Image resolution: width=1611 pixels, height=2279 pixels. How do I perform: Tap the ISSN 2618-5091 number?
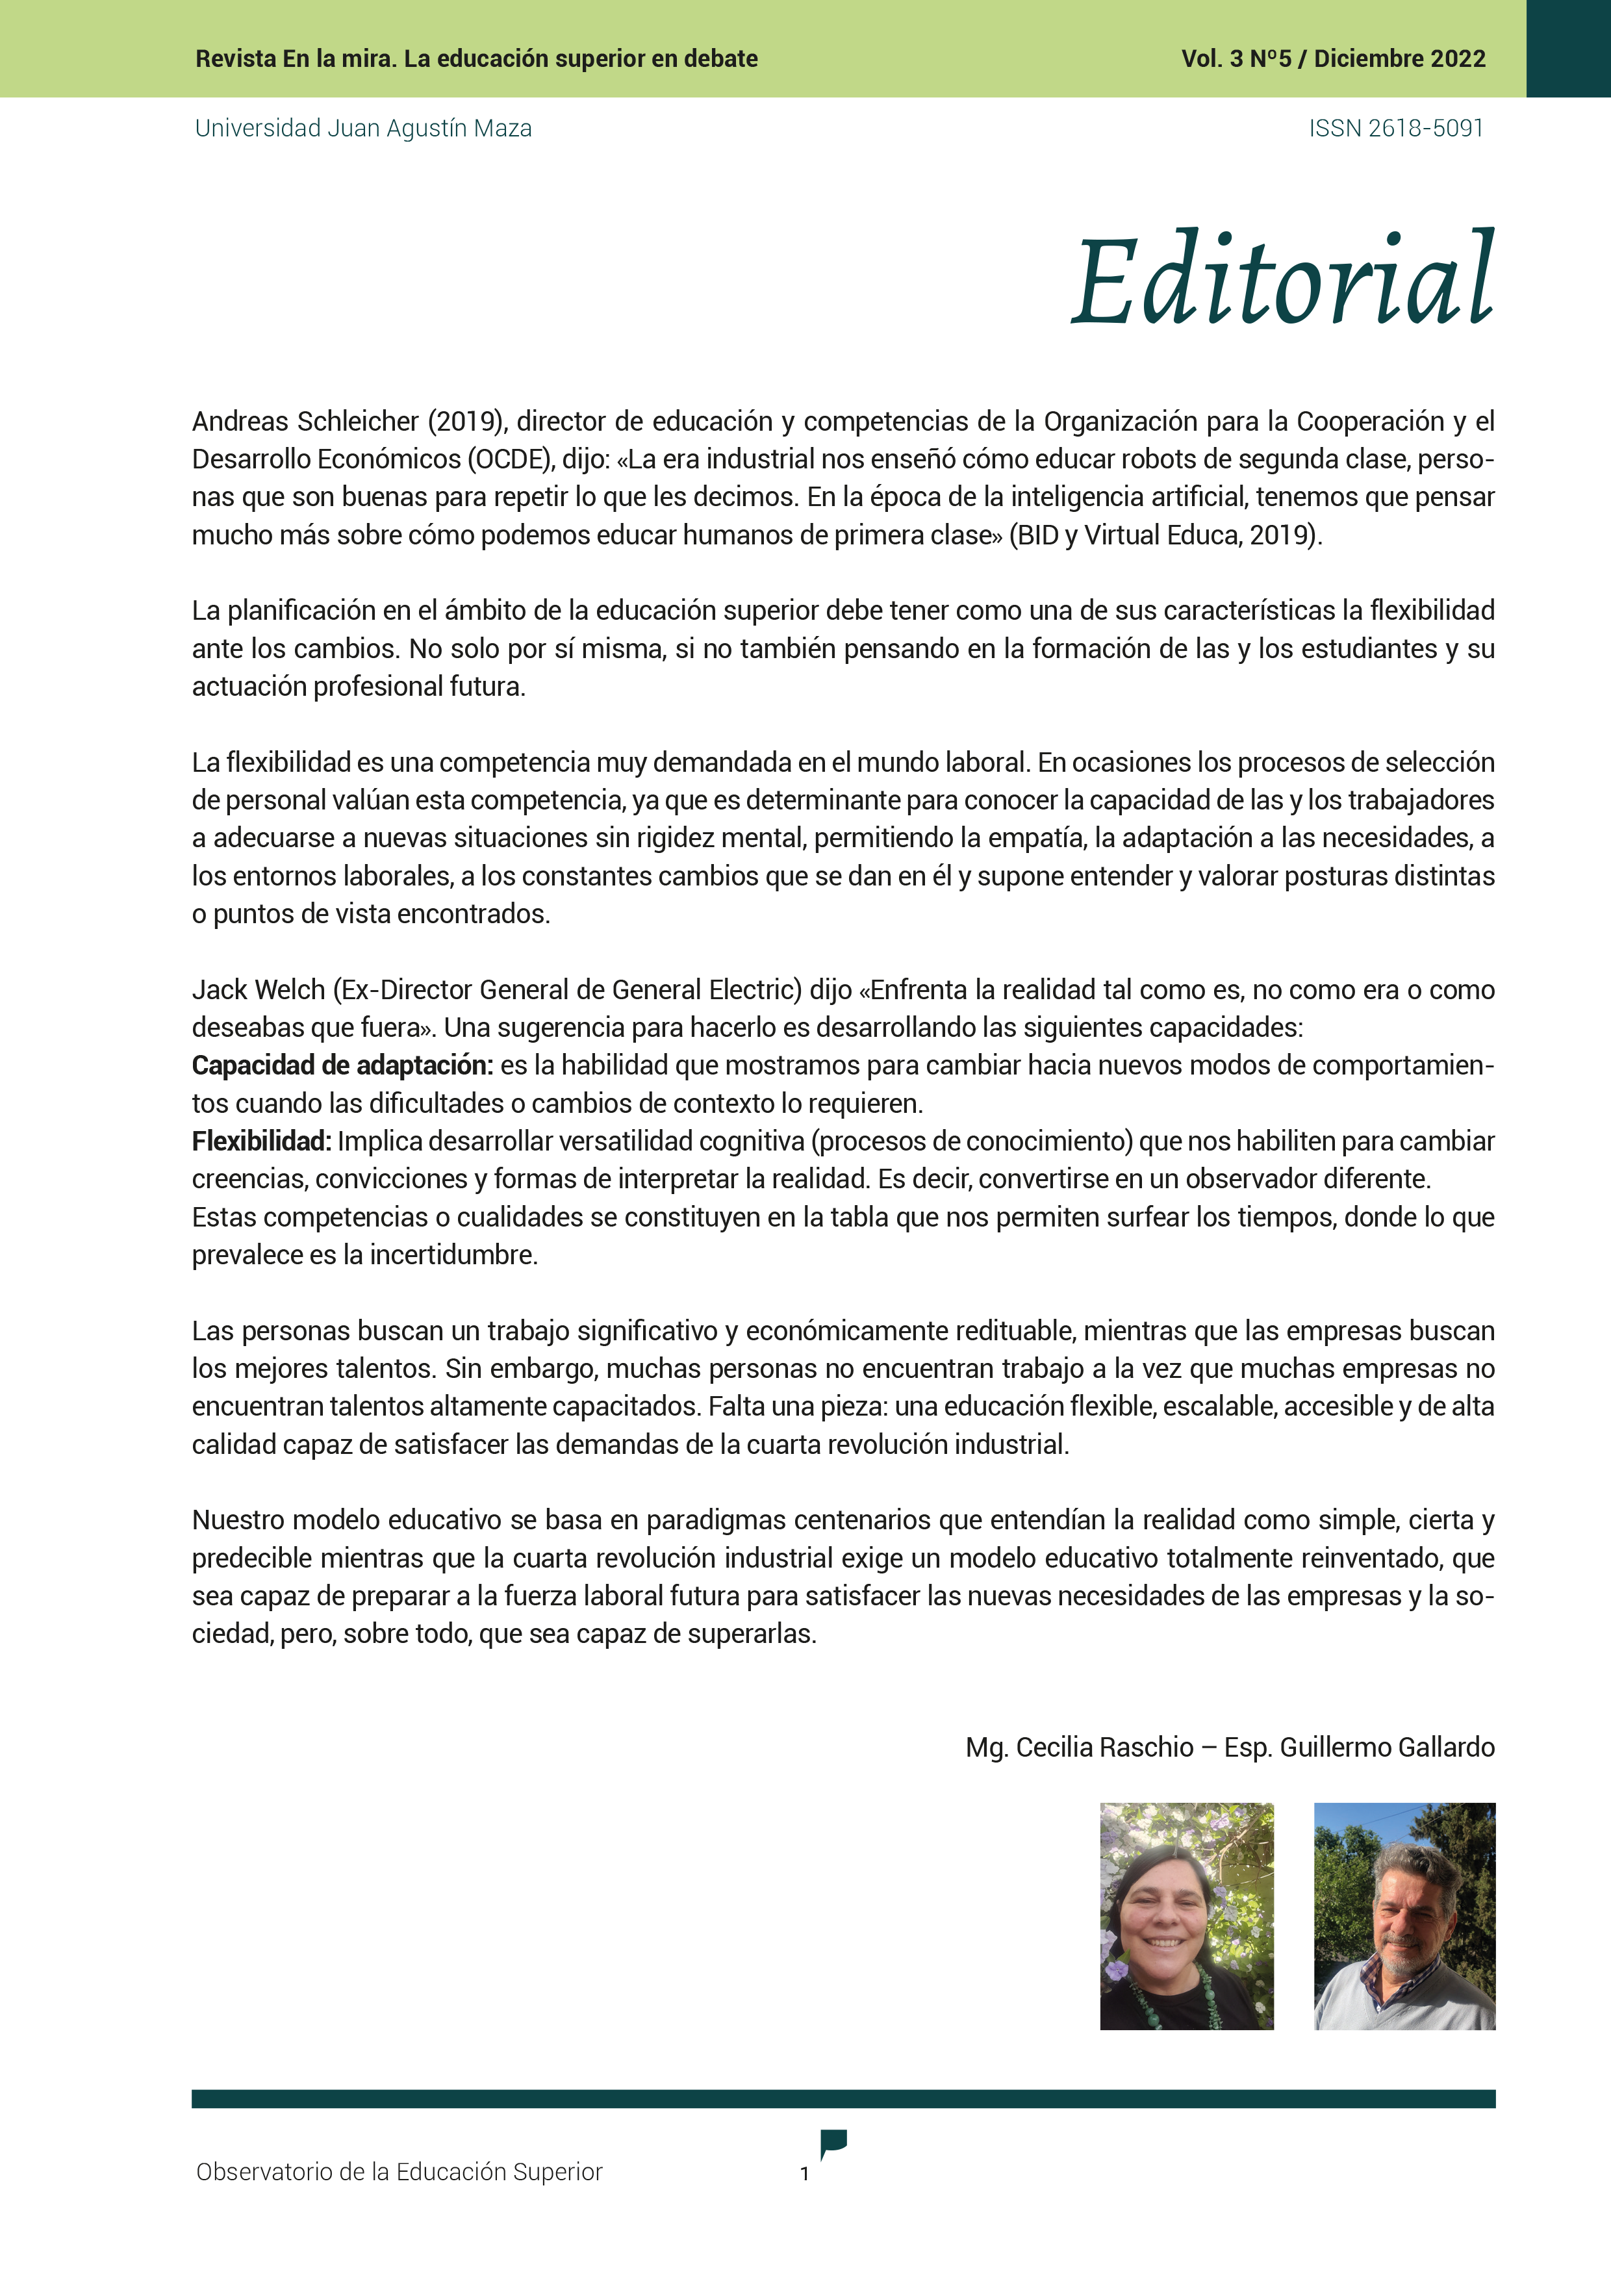pyautogui.click(x=1395, y=128)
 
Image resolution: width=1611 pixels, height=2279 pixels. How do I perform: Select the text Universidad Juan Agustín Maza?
pyautogui.click(x=363, y=128)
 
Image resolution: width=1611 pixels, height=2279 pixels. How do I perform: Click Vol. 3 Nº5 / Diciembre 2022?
pyautogui.click(x=1333, y=58)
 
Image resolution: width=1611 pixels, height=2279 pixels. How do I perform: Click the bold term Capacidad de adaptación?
pyautogui.click(x=342, y=1065)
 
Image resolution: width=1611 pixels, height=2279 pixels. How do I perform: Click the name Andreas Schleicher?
pyautogui.click(x=306, y=422)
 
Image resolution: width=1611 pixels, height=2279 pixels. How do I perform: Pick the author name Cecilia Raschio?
pyautogui.click(x=1105, y=1747)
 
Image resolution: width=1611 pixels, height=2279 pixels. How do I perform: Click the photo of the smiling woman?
pyautogui.click(x=1186, y=1916)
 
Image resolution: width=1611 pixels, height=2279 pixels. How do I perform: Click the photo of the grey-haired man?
pyautogui.click(x=1404, y=1916)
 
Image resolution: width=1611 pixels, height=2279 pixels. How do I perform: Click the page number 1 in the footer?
pyautogui.click(x=804, y=2174)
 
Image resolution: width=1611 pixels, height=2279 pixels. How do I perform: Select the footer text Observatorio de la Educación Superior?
pyautogui.click(x=399, y=2172)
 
